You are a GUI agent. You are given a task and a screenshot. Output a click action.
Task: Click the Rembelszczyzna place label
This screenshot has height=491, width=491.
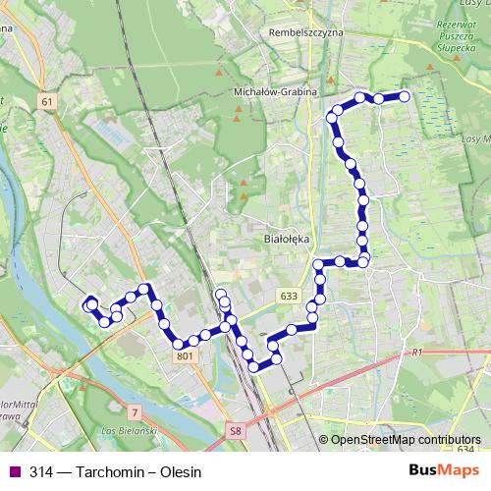click(x=305, y=31)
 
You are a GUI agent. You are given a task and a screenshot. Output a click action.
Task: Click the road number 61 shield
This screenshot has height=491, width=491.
click(x=48, y=101)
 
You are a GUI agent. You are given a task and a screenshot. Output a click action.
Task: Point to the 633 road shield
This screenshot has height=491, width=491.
click(x=288, y=296)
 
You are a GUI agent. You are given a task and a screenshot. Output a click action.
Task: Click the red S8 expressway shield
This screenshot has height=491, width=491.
click(x=235, y=430)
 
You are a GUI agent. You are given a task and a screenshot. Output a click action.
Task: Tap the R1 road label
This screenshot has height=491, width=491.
click(x=416, y=352)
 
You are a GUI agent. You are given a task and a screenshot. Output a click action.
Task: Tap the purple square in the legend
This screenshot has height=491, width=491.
click(x=15, y=471)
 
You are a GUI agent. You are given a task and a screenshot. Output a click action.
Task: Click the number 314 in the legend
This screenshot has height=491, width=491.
click(x=41, y=471)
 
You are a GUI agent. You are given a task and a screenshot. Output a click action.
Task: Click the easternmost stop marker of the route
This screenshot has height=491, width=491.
click(x=403, y=96)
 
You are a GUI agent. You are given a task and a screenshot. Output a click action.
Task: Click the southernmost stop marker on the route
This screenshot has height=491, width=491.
click(x=254, y=367)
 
